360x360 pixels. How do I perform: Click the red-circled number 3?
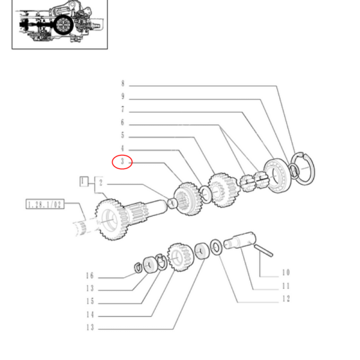[122, 162]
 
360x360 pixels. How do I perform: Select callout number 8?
[122, 83]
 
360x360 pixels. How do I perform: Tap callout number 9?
[122, 97]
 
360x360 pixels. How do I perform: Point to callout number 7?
[122, 110]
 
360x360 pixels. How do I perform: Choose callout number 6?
[122, 123]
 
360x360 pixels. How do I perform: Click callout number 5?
[122, 136]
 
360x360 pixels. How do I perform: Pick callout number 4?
[122, 148]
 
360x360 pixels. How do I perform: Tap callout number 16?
[89, 276]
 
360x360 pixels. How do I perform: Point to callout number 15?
[89, 302]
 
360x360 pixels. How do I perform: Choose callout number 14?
[89, 314]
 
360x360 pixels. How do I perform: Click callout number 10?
[285, 272]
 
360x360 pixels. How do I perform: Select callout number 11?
[285, 287]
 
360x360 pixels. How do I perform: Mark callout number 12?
[285, 299]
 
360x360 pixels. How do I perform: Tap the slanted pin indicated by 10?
[263, 250]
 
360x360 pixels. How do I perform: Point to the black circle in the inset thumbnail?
[62, 25]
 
